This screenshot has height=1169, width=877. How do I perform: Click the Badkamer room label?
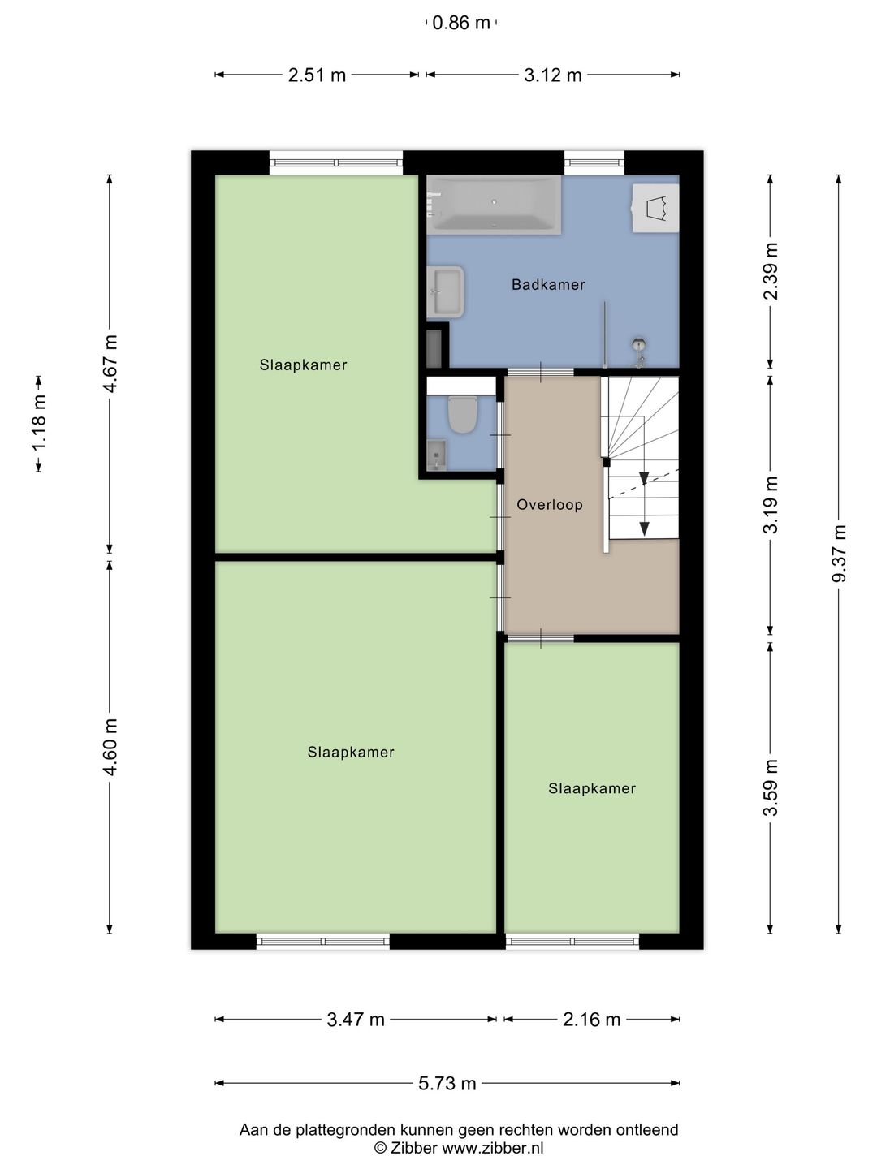pos(548,284)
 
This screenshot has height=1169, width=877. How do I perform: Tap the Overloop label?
pos(550,504)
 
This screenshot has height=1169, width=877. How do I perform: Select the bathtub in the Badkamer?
pos(494,205)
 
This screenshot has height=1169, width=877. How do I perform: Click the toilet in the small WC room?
pos(462,414)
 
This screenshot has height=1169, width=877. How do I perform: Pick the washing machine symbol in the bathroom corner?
pos(655,208)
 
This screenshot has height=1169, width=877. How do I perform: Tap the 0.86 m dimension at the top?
pos(461,23)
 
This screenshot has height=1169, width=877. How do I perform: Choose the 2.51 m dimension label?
pos(317,75)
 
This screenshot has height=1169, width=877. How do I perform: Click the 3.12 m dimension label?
pos(553,75)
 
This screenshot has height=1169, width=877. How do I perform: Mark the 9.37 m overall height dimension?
pos(839,554)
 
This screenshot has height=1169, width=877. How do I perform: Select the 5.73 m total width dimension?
pos(447,1083)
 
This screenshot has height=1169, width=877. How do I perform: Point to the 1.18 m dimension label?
pos(38,424)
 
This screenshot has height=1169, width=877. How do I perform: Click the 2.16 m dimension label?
pos(592,1020)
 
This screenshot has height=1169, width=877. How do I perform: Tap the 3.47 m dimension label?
pos(356,1020)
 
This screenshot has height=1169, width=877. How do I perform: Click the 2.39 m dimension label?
pos(771,272)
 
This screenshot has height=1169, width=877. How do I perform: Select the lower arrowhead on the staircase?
pos(644,528)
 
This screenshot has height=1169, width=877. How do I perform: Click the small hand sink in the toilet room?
pos(436,455)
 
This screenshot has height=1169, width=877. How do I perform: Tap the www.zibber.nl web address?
pos(493,1147)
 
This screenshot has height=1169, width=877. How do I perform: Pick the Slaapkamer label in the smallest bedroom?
pos(592,788)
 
